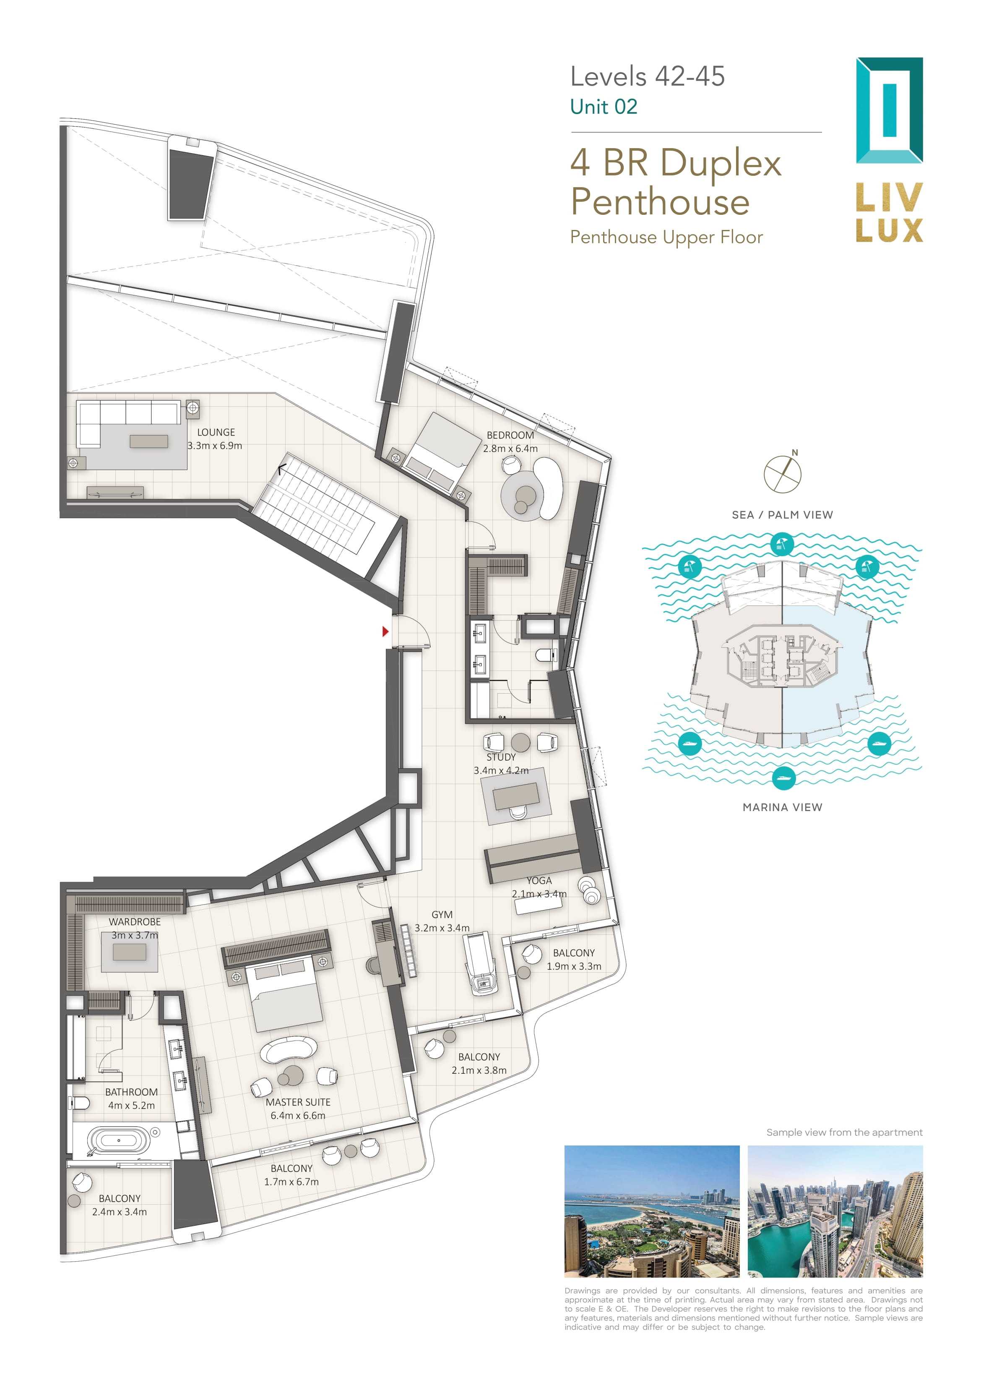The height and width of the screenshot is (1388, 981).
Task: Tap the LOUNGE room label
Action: tap(216, 432)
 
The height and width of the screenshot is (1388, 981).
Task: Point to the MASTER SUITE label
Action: tap(298, 1102)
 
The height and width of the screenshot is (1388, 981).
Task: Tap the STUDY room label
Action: tap(501, 757)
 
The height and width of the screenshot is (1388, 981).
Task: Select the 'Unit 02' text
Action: tap(603, 107)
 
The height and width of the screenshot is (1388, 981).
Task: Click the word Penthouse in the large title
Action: tap(660, 201)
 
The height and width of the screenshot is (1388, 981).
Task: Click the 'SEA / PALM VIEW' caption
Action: tap(782, 515)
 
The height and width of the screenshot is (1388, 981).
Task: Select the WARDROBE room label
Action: tap(135, 922)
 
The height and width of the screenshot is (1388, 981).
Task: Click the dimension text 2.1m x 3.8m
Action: tap(479, 1070)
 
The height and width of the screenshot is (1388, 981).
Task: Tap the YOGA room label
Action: tap(539, 881)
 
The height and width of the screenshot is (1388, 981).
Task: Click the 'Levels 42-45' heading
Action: tap(647, 77)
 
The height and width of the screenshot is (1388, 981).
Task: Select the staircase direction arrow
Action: tap(282, 469)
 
